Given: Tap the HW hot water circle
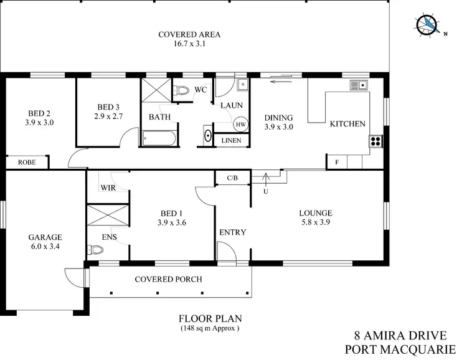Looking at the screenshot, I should point(240,125).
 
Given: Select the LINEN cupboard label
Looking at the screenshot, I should point(229,141).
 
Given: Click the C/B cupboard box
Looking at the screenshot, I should point(232,178).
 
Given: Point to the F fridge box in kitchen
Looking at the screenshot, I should point(337,162).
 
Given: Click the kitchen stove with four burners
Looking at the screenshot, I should point(375,141).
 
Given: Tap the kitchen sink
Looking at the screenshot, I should point(359,85).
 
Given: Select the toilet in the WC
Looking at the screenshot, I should point(181,92).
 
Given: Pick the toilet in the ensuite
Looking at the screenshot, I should point(95,250).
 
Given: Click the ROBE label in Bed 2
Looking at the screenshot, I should point(26,162).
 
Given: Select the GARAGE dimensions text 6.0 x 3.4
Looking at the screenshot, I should point(45,247).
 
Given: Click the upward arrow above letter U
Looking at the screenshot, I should point(266,178).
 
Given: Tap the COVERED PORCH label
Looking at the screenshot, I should point(168,279).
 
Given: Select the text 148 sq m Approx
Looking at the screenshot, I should point(210,328).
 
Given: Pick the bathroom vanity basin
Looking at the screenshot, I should point(207,136).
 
